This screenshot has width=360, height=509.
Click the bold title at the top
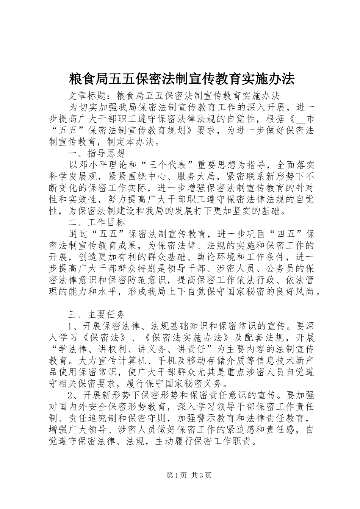tap(182, 79)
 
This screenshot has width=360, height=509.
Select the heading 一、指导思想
tap(97, 153)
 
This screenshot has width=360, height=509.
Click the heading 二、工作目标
tap(97, 222)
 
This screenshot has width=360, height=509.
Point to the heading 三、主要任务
tap(97, 314)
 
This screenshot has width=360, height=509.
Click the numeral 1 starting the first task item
tap(70, 326)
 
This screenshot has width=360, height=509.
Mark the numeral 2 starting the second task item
tap(70, 395)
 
